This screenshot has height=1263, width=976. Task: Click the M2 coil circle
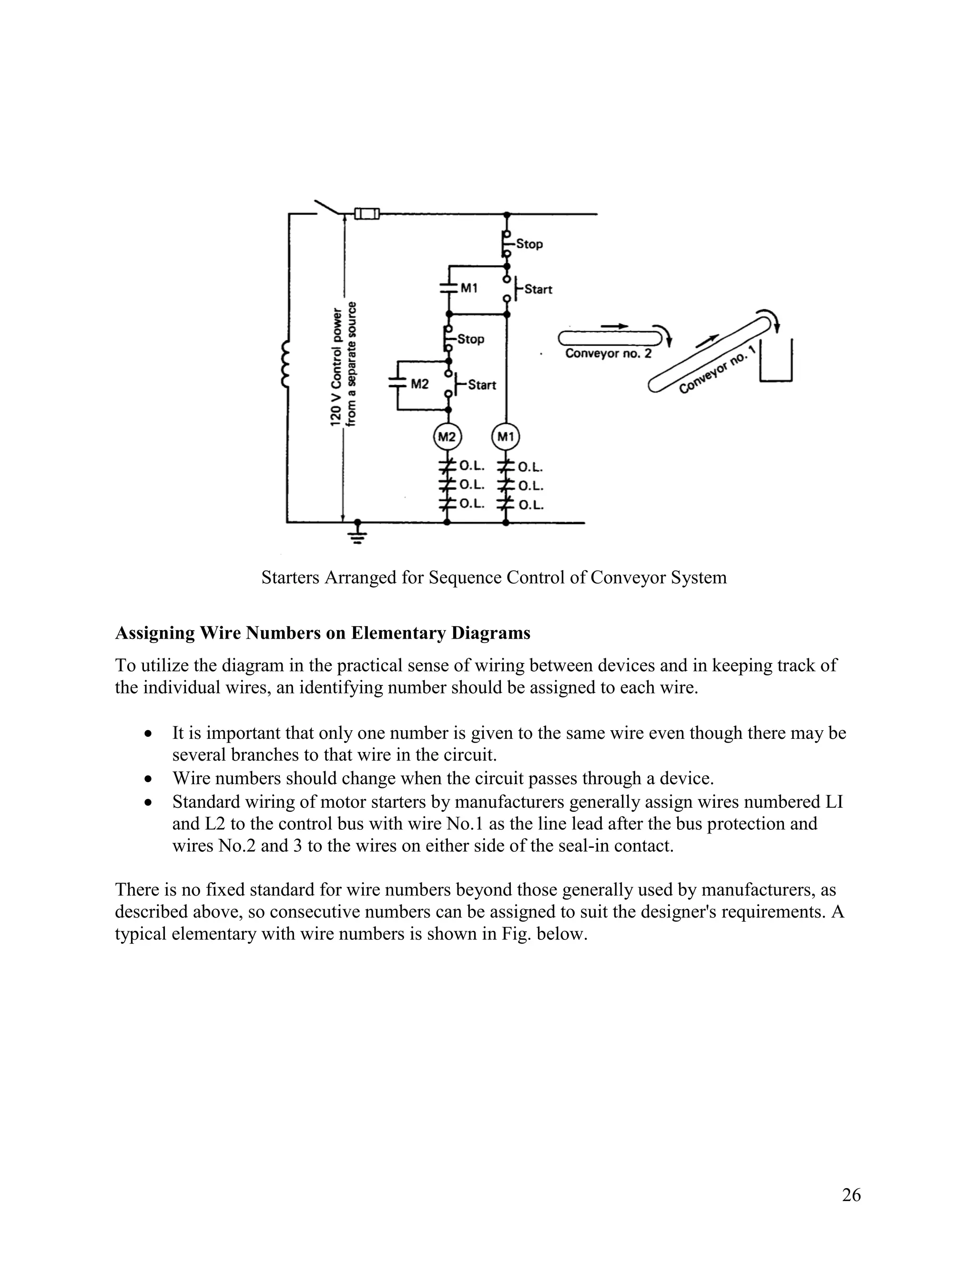point(447,437)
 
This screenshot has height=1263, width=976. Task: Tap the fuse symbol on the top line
point(366,214)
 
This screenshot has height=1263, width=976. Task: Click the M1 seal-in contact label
point(469,287)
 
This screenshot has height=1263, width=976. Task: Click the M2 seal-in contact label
point(419,384)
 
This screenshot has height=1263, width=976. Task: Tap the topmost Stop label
point(529,244)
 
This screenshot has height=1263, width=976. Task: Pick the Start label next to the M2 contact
point(482,385)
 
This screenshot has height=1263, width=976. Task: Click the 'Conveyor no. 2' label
point(608,353)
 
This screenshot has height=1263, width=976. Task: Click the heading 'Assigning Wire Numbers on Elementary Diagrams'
point(322,633)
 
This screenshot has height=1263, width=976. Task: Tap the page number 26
point(851,1195)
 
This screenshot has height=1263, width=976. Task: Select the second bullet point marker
point(149,779)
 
